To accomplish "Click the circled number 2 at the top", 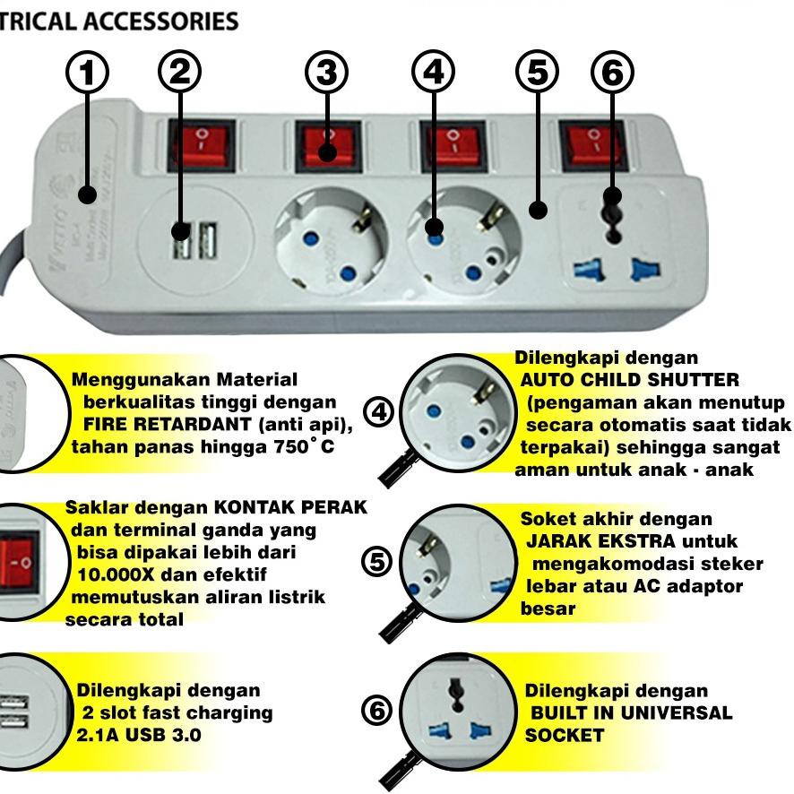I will (x=179, y=73).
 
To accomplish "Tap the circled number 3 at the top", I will (x=325, y=73).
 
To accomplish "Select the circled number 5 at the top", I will (x=536, y=73).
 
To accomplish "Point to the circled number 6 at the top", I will (x=613, y=73).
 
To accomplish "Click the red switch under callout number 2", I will (x=201, y=142).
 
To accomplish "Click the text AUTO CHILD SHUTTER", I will (x=630, y=380).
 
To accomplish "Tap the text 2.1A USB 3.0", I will (x=139, y=736).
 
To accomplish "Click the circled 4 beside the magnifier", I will (x=381, y=412).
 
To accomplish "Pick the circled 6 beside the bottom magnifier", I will (x=377, y=712).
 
